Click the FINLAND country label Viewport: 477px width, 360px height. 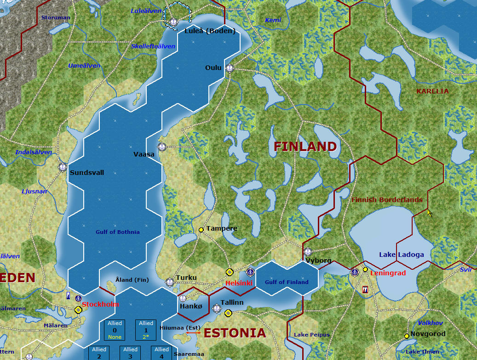pos(305,147)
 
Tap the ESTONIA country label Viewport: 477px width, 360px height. pos(235,333)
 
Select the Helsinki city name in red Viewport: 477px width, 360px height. pos(239,283)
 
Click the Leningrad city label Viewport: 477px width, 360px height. pos(388,273)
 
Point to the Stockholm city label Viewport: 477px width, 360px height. pos(100,304)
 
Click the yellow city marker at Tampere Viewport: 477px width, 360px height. pos(201,230)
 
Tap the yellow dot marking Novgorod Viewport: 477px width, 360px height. pos(407,336)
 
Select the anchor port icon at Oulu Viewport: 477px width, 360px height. pos(230,68)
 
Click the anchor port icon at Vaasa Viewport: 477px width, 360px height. pos(161,147)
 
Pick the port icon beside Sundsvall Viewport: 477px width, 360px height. pos(63,167)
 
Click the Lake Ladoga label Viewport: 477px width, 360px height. pos(402,255)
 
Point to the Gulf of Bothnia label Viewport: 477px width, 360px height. pos(118,232)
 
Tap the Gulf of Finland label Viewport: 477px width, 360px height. pos(287,282)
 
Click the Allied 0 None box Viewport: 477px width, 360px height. pos(115,330)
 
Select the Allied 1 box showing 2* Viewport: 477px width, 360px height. pos(146,330)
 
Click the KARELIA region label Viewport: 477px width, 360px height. pos(432,91)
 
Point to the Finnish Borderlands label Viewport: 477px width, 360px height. pos(387,200)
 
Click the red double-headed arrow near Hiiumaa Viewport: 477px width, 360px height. pos(193,332)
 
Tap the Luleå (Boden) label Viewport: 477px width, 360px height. pos(210,31)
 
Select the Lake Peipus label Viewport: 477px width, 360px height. pos(312,335)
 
